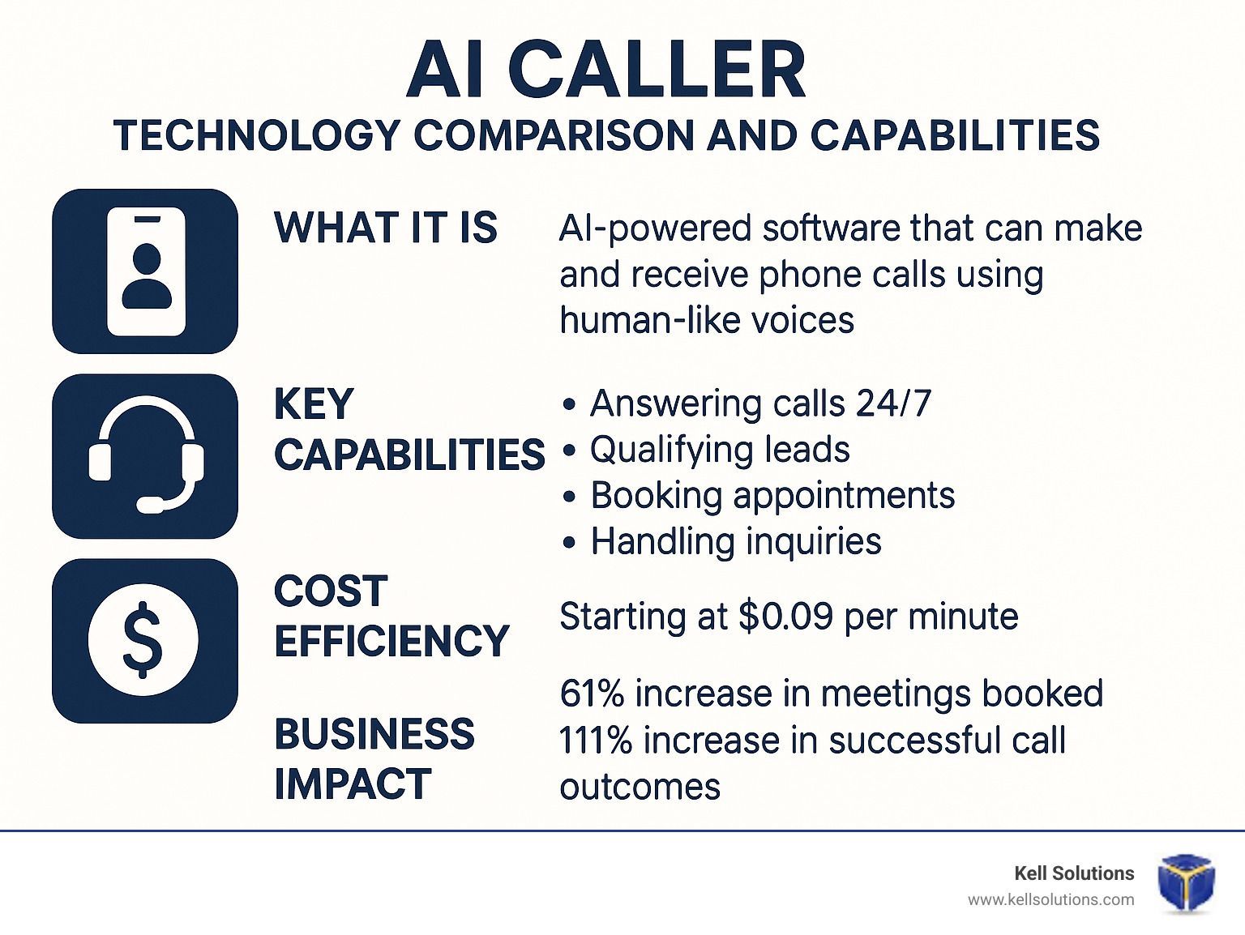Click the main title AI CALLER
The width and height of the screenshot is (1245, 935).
pyautogui.click(x=605, y=70)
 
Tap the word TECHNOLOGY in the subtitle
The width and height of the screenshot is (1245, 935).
pyautogui.click(x=258, y=135)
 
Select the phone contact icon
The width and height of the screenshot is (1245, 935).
pyautogui.click(x=145, y=271)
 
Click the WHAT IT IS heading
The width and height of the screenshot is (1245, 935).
pyautogui.click(x=386, y=228)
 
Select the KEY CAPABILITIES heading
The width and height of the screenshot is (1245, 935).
pyautogui.click(x=409, y=429)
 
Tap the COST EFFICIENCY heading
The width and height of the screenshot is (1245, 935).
pyautogui.click(x=391, y=616)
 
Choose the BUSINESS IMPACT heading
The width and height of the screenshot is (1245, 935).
pyautogui.click(x=374, y=758)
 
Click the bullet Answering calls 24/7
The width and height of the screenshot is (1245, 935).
pyautogui.click(x=747, y=403)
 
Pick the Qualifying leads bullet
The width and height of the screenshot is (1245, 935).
pyautogui.click(x=706, y=450)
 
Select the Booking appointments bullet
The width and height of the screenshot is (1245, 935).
pyautogui.click(x=759, y=496)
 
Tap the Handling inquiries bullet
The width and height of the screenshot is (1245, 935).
pyautogui.click(x=721, y=541)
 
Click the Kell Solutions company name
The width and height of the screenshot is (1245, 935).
pyautogui.click(x=1074, y=873)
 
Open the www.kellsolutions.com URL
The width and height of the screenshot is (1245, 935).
pyautogui.click(x=1051, y=900)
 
